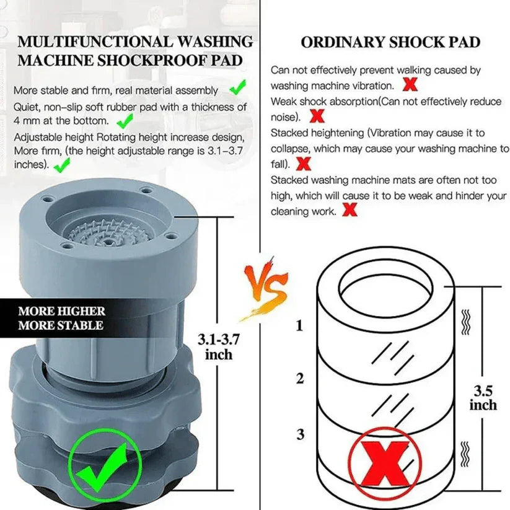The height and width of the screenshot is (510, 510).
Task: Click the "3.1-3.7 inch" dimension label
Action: click(x=218, y=346)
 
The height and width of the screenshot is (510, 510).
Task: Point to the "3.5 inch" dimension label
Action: click(x=483, y=398)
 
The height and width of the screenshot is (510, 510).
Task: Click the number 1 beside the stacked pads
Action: click(x=300, y=326)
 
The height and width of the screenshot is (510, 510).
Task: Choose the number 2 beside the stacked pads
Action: click(x=300, y=379)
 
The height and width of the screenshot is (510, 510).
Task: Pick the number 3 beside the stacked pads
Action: click(x=300, y=434)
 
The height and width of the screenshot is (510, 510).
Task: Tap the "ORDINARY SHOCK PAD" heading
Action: click(x=390, y=43)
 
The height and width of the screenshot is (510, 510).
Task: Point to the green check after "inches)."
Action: click(x=62, y=165)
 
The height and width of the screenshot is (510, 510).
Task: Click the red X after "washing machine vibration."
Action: click(x=410, y=85)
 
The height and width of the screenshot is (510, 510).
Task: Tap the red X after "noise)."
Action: click(x=317, y=116)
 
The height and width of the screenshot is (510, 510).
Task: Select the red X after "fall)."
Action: click(x=304, y=164)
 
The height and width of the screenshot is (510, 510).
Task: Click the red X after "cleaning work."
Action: click(x=350, y=211)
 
